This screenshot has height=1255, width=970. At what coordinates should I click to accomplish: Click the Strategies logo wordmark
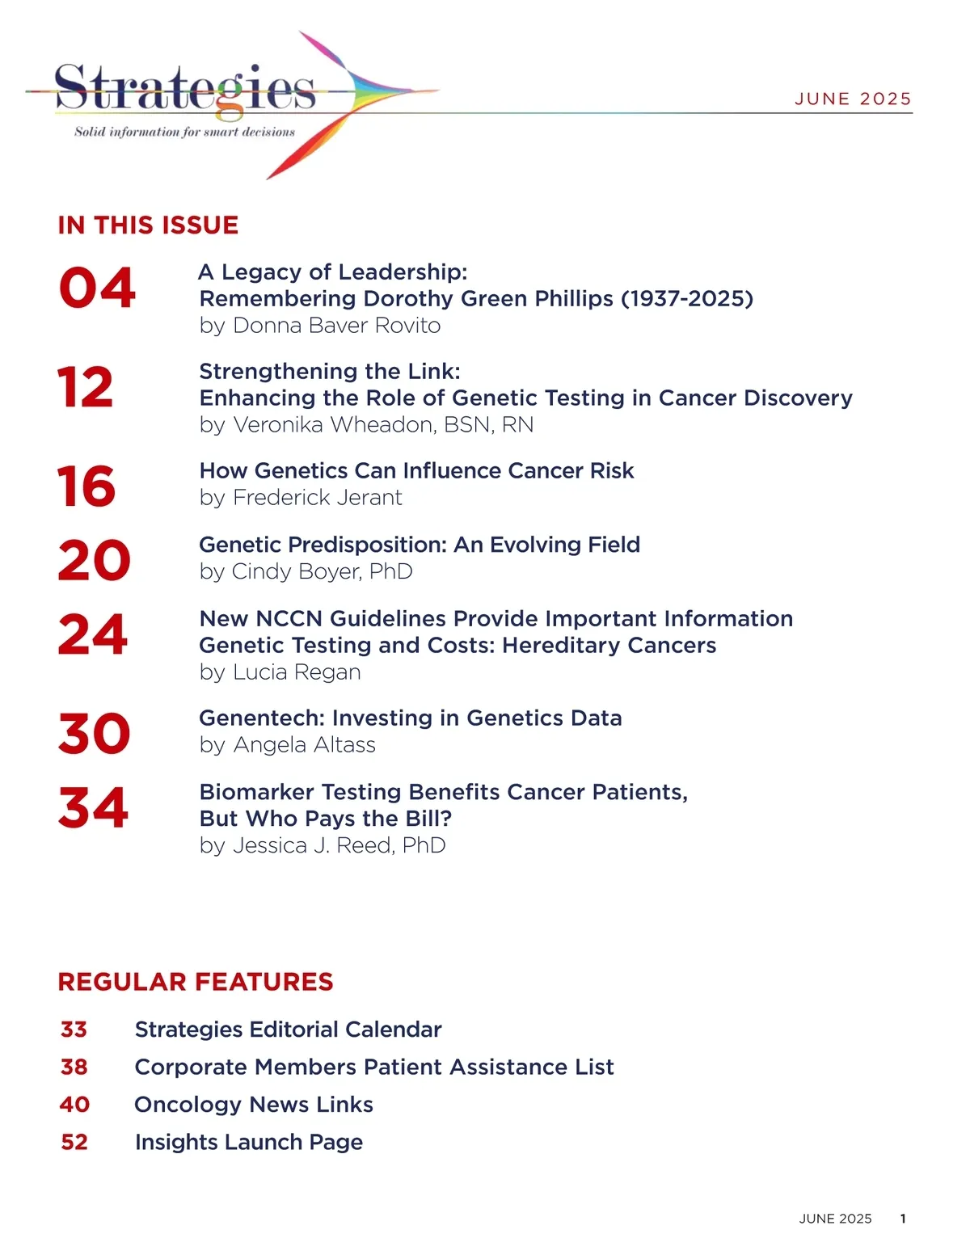pyautogui.click(x=185, y=87)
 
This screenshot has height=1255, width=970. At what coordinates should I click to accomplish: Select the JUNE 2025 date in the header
pyautogui.click(x=853, y=99)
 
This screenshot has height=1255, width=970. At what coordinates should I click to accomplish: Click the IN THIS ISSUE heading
pyautogui.click(x=148, y=225)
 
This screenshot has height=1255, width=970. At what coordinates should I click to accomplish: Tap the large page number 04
pyautogui.click(x=97, y=288)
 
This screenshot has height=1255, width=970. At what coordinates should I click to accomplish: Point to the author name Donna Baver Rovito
pyautogui.click(x=336, y=326)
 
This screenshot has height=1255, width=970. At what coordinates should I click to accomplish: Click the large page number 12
pyautogui.click(x=86, y=388)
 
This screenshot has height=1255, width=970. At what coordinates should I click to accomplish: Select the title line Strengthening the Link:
pyautogui.click(x=330, y=371)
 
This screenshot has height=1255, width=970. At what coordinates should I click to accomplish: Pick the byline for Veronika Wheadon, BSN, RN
pyautogui.click(x=366, y=424)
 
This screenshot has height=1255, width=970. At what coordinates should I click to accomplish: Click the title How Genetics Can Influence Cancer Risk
pyautogui.click(x=416, y=470)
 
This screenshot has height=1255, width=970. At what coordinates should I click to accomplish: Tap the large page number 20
pyautogui.click(x=94, y=561)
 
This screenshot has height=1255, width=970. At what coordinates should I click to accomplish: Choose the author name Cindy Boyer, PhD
pyautogui.click(x=322, y=571)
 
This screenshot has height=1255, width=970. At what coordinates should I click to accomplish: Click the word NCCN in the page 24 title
pyautogui.click(x=289, y=618)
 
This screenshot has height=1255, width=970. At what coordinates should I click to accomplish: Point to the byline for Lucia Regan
pyautogui.click(x=280, y=672)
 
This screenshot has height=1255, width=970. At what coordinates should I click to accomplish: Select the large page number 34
pyautogui.click(x=93, y=808)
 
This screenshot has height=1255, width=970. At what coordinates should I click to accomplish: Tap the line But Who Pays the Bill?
pyautogui.click(x=326, y=819)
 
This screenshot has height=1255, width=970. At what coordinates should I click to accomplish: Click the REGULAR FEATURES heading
pyautogui.click(x=196, y=982)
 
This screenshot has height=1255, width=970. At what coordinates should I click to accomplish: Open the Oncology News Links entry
pyautogui.click(x=254, y=1105)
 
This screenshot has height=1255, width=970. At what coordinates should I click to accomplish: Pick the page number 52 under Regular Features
pyautogui.click(x=74, y=1142)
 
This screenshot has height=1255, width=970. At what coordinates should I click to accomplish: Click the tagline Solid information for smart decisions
pyautogui.click(x=184, y=132)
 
